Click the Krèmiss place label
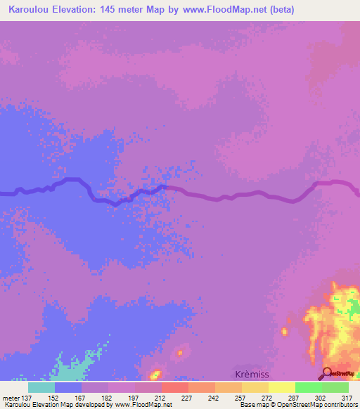[251, 375]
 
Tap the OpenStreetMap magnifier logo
[327, 373]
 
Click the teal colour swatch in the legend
[41, 387]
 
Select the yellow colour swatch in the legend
[281, 387]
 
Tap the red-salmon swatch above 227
[174, 387]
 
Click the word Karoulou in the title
[29, 10]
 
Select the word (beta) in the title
[279, 10]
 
